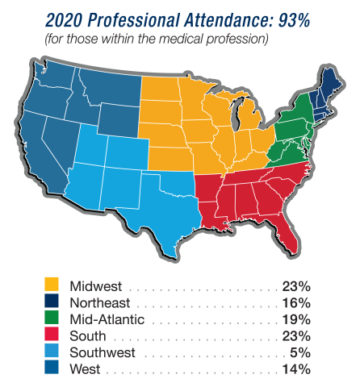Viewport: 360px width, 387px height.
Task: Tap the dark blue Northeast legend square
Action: click(x=52, y=302)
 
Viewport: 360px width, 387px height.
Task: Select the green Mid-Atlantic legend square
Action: click(x=52, y=319)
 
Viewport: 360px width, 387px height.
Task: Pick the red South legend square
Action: click(x=52, y=335)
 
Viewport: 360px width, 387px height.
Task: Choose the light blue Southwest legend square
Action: click(x=52, y=352)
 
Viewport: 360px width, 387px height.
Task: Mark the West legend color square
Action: click(x=52, y=369)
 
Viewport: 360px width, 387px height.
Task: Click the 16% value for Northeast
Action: click(x=295, y=303)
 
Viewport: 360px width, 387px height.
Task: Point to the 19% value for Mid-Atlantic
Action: click(x=295, y=319)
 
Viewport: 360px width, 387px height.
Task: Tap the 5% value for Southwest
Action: click(x=299, y=352)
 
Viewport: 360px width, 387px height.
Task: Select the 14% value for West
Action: click(x=295, y=369)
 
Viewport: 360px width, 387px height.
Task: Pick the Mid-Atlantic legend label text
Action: click(x=100, y=319)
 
